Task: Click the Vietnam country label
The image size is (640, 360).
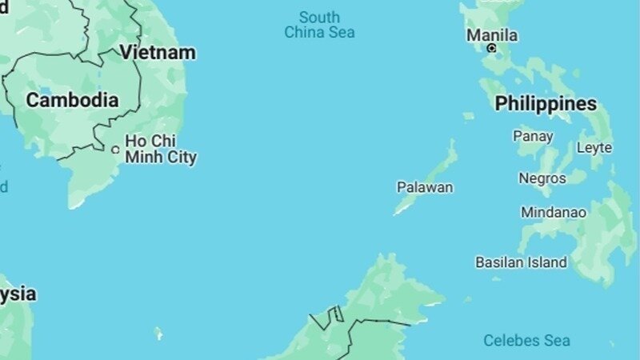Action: click(x=158, y=53)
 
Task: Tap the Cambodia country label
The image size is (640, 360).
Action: click(x=72, y=100)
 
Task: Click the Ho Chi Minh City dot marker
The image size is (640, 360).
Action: click(x=115, y=150)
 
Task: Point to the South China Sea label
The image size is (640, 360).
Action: click(x=319, y=25)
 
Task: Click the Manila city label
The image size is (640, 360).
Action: click(x=491, y=35)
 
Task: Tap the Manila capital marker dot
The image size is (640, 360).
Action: click(x=491, y=48)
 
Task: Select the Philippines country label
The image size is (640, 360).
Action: click(x=546, y=103)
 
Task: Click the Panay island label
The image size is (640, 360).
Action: click(x=533, y=136)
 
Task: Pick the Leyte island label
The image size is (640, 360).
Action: click(x=594, y=147)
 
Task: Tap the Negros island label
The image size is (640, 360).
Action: click(x=542, y=178)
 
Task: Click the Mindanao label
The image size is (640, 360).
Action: click(x=554, y=213)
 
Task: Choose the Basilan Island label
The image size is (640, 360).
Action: click(x=521, y=262)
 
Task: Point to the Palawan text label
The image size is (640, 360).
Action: click(x=425, y=187)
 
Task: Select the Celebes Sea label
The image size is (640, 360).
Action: click(x=526, y=341)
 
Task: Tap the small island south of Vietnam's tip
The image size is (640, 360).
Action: click(x=158, y=333)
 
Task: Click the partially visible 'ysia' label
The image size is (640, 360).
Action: click(x=18, y=294)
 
